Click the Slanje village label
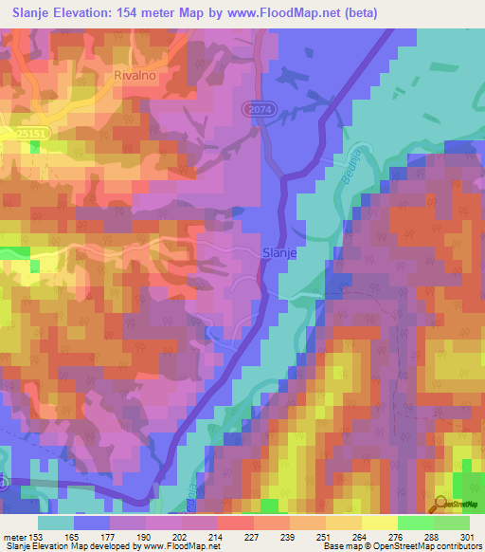pos(278,253)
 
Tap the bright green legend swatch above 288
pos(415,523)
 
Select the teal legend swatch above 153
pos(56,523)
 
